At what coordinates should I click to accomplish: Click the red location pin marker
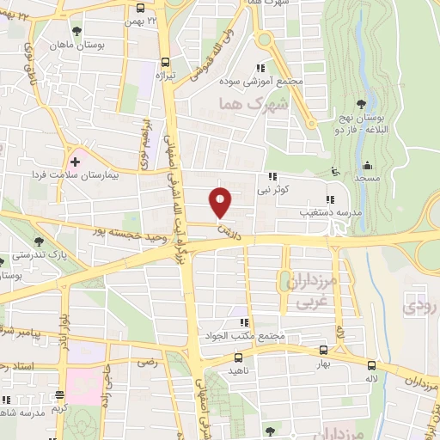[222, 202]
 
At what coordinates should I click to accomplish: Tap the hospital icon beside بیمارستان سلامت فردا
[75, 160]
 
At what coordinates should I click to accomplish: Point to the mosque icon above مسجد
[369, 165]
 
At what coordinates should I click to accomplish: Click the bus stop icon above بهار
[322, 351]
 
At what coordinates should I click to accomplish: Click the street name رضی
[147, 364]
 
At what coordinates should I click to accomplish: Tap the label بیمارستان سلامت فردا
[126, 173]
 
